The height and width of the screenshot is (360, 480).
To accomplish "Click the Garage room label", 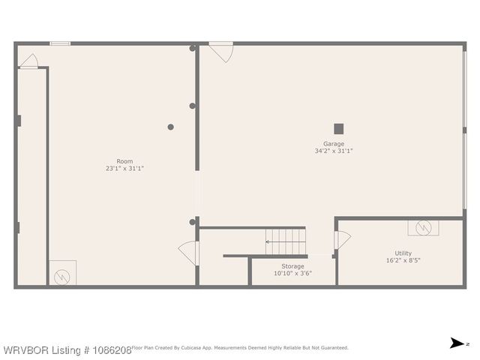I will point(334,144).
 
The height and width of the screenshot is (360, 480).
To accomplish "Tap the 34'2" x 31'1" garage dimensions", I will point(334,151).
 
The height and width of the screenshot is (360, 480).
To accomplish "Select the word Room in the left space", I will point(124,161).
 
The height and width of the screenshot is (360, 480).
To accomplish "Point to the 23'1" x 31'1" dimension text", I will point(124,169).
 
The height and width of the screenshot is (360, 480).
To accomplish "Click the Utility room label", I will point(403,253).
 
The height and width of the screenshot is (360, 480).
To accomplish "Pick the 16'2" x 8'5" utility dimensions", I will point(403,261).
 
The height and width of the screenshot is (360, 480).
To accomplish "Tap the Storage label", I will point(292,266).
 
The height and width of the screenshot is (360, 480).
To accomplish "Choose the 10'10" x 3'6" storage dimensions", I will point(292,274).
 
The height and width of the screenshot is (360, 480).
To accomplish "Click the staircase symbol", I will point(286,241).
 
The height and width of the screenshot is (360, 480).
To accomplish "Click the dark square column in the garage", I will point(339,128).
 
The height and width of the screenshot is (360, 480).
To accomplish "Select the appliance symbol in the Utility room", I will point(423,227).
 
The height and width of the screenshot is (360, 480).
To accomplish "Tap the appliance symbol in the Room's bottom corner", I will point(62,273).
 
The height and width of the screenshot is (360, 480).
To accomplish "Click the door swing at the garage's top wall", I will point(220,51).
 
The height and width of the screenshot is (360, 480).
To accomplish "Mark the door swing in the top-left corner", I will point(28,61).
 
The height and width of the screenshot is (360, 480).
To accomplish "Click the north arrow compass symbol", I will point(457,343).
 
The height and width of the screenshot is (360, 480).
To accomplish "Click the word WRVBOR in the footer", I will point(20,349).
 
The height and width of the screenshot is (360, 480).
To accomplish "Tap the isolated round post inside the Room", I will point(171,127).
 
